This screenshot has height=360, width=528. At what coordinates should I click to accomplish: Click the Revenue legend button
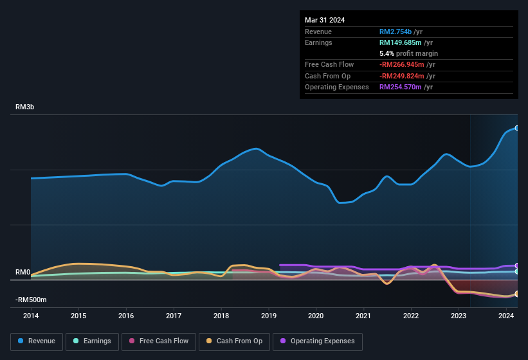pos(36,341)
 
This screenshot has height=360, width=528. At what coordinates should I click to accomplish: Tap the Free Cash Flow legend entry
pos(158,341)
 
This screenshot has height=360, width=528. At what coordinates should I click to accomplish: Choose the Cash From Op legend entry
pos(233,341)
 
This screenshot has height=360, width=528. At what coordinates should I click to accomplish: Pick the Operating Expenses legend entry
pos(317,341)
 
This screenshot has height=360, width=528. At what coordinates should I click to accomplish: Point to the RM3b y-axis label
pos(24,107)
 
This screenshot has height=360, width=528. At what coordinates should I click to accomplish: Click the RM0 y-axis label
pos(23,273)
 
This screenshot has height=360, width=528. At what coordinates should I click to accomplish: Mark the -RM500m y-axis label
pos(31,300)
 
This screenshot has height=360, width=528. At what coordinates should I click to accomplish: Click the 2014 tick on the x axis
pos(31,316)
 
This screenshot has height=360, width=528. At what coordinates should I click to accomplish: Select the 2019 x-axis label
pos(268,316)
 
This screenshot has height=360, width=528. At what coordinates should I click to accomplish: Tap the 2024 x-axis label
pos(506,316)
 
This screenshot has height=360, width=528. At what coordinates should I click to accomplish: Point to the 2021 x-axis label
pos(363,316)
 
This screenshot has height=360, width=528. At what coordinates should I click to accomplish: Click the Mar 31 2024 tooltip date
pos(325,20)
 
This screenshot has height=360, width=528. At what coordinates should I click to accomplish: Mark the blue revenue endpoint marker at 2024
pos(516,128)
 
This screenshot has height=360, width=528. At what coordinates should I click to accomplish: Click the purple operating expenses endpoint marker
pos(516,265)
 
